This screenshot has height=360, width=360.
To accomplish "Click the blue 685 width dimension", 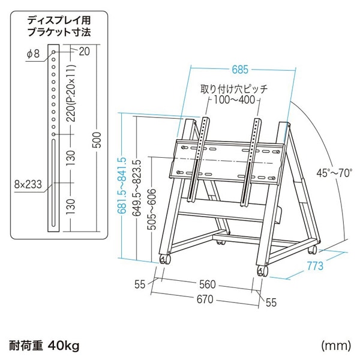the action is click(240, 70).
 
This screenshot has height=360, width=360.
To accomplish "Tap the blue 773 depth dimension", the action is click(315, 266).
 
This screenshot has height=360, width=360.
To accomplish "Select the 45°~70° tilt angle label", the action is click(334, 173).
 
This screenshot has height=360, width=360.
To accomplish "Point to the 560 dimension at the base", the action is click(208, 284).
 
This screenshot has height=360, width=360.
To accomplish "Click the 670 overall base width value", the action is click(205, 299).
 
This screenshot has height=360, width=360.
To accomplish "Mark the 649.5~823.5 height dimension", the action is click(137, 188).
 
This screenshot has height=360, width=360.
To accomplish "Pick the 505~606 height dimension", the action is click(152, 209).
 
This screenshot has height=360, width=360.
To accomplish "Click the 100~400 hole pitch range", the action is click(235, 100).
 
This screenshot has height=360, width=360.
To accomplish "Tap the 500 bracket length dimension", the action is click(97, 140).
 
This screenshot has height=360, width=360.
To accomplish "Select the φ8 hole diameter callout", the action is click(34, 54).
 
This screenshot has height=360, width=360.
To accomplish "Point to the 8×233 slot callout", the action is click(28, 184).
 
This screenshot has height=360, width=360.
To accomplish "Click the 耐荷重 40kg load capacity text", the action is click(44, 346).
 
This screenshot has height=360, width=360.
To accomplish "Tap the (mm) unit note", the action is click(336, 346).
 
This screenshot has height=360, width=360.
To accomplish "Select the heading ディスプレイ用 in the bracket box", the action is click(59, 20).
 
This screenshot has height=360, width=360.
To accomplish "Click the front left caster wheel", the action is click(166, 259).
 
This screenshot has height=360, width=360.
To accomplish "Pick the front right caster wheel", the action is click(262, 272).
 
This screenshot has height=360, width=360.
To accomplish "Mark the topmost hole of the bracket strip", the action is click(54, 52).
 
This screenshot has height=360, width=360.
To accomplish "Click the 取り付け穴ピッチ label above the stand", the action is click(234, 89).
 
